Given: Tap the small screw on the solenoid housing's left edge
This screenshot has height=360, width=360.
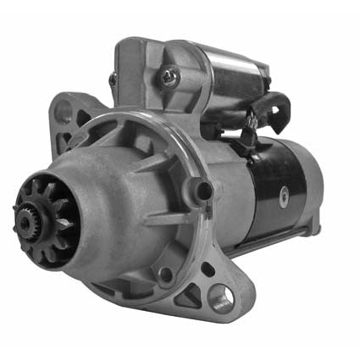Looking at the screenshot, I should pos(113,80).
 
